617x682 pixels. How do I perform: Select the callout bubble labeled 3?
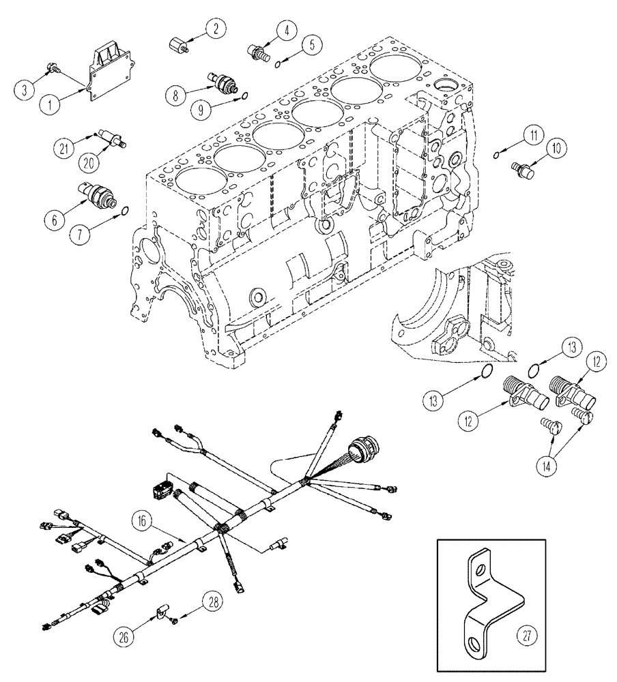[26, 89]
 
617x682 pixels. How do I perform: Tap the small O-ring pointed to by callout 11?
[498, 155]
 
